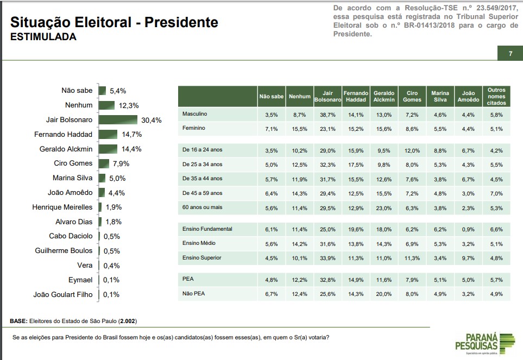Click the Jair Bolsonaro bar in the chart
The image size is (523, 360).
point(118,119)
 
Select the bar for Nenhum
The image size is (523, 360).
point(106,105)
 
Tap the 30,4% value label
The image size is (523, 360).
point(151,120)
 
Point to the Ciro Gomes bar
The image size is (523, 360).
point(104,163)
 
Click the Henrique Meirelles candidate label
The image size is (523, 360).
point(63,207)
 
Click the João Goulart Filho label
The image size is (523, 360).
point(63,294)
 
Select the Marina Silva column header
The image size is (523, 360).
point(440,96)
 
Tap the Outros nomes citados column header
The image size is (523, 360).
point(496,96)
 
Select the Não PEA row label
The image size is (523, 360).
point(194,293)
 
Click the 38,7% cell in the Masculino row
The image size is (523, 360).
point(327,115)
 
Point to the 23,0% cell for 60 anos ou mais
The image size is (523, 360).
point(383,207)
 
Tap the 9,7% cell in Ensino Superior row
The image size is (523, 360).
point(468,257)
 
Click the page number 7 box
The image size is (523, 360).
point(511,53)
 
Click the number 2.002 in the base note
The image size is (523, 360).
point(128,321)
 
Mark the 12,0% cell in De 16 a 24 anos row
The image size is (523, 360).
point(412,150)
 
